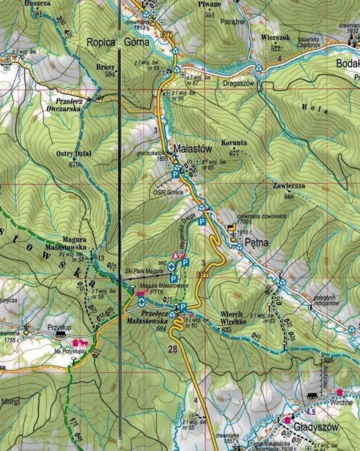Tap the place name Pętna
[x=253, y=241]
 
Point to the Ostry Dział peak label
[x=74, y=156]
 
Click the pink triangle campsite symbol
[x=176, y=254]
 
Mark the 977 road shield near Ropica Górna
[x=166, y=33]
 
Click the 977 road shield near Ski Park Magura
[x=203, y=275]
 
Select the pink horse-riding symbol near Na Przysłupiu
[x=77, y=342]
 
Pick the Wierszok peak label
[x=276, y=37]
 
